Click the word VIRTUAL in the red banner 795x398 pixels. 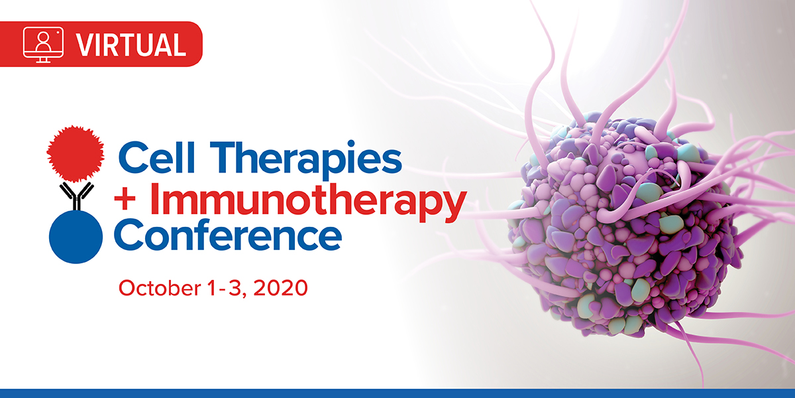pyautogui.click(x=131, y=45)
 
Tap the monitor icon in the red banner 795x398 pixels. pyautogui.click(x=43, y=44)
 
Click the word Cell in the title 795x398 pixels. pyautogui.click(x=156, y=157)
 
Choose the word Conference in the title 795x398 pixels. pyautogui.click(x=228, y=235)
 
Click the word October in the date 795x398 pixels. pyautogui.click(x=160, y=288)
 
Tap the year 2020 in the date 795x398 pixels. pyautogui.click(x=280, y=288)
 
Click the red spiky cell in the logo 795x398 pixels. pyautogui.click(x=76, y=153)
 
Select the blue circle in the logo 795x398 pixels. pyautogui.click(x=76, y=237)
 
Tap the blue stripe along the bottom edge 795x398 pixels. pyautogui.click(x=397, y=393)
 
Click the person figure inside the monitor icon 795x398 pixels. pyautogui.click(x=43, y=42)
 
